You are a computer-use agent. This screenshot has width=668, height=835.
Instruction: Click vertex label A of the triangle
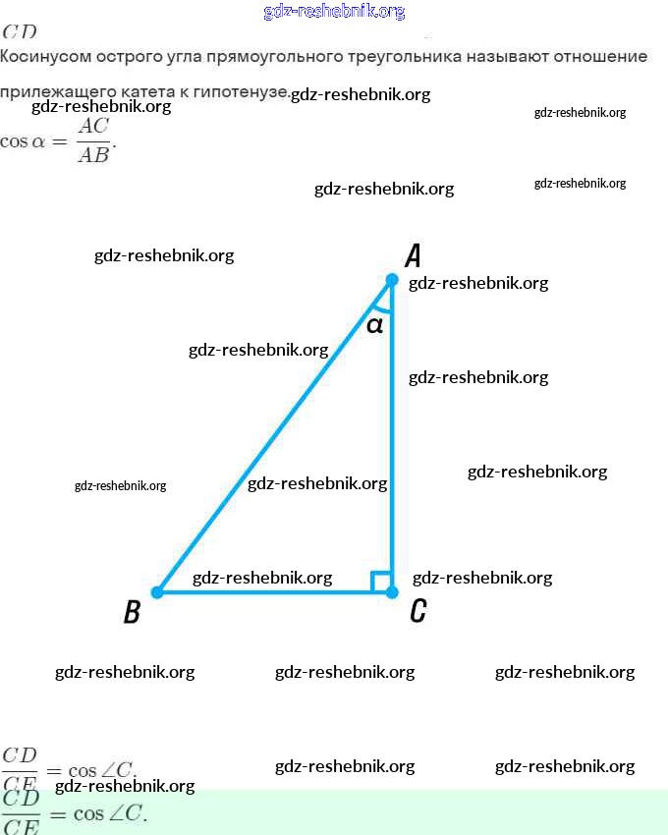coord(414,256)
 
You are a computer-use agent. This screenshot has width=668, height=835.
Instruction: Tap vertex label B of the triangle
coord(132,613)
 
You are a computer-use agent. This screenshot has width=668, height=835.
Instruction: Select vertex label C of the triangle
coord(417,612)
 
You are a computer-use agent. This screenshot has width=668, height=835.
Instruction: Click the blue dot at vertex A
coord(391,280)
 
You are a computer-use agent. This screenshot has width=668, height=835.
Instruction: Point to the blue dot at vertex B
coord(157,592)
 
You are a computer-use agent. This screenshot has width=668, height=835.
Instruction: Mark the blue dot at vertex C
coord(391,592)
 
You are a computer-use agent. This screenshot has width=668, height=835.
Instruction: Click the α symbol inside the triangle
coord(374,324)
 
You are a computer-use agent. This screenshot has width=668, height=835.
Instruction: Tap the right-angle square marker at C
coord(380,582)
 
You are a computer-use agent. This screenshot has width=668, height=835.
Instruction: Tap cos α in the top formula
coord(24,140)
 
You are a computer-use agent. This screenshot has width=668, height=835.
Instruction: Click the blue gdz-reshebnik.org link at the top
coord(334,12)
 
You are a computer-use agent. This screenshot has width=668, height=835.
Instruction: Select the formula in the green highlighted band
coord(74,813)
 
